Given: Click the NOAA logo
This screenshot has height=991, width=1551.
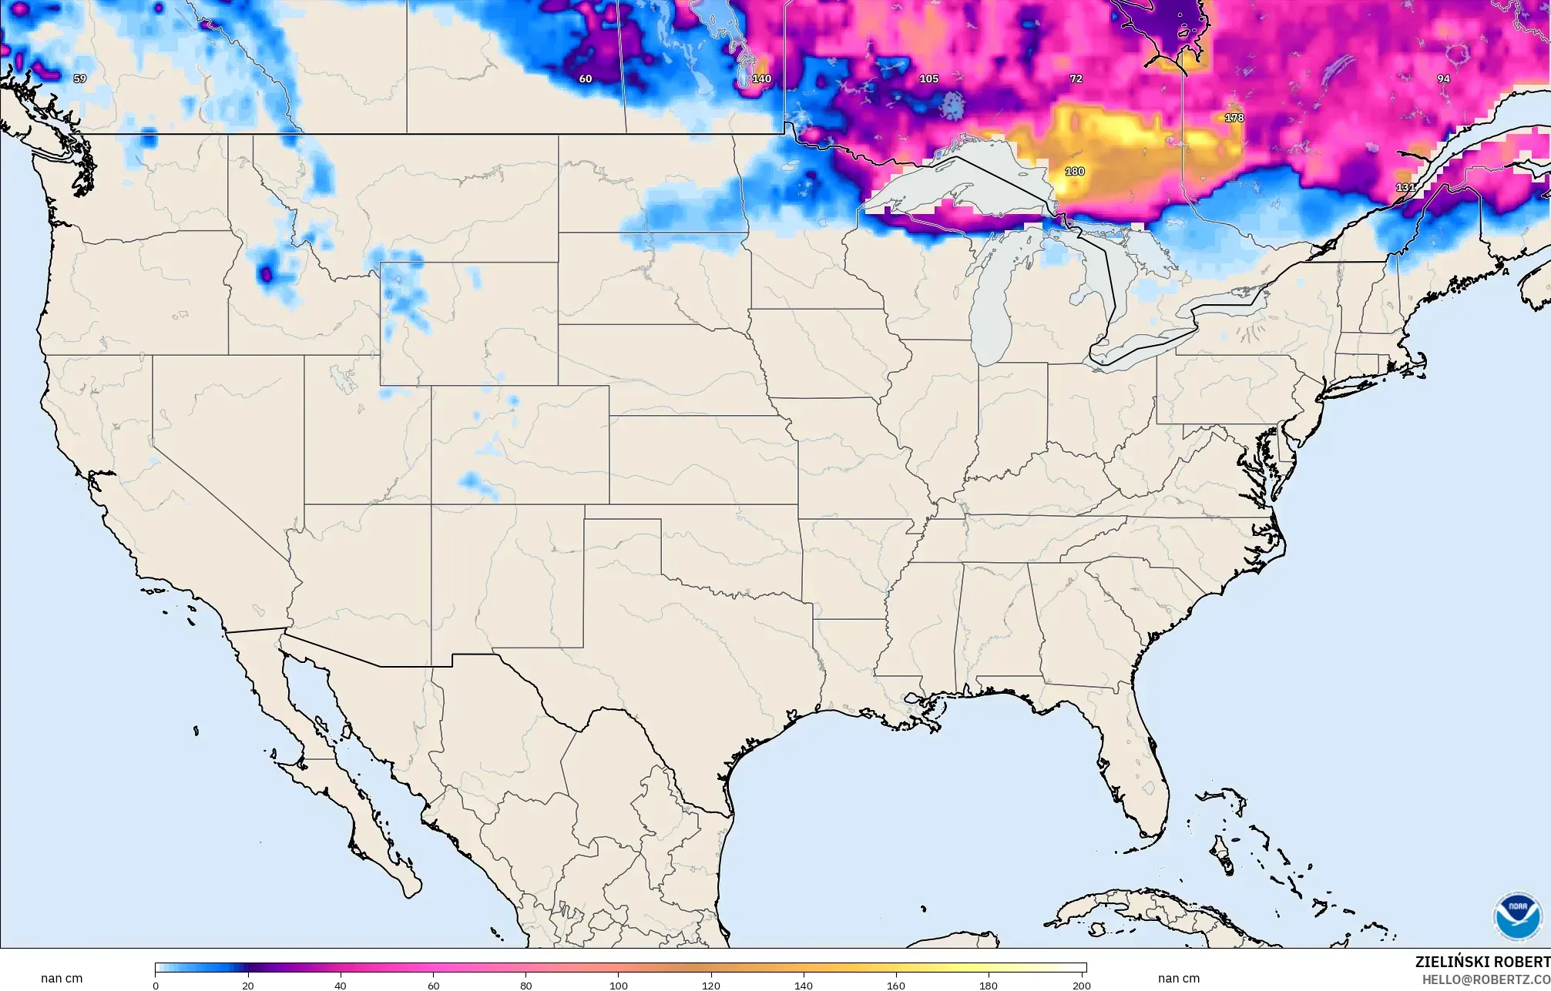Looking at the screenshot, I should (1517, 916).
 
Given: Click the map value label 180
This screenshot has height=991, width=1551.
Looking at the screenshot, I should (1074, 171).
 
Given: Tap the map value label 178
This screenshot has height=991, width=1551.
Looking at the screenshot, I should (1234, 118).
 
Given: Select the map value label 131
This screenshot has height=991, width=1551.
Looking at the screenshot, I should (1405, 187).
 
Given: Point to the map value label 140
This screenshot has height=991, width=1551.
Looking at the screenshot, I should (761, 79).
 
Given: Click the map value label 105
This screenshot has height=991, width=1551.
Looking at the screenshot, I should (928, 79).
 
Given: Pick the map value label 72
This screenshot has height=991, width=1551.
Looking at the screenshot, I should (1076, 79).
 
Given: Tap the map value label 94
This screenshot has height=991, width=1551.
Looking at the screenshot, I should (1443, 79).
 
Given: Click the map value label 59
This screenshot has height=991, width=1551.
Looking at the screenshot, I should (79, 79).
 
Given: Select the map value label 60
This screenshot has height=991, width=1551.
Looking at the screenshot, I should (586, 79).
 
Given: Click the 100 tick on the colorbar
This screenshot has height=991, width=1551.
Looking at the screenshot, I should (619, 985).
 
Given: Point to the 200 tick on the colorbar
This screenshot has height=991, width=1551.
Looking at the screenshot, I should (1082, 985).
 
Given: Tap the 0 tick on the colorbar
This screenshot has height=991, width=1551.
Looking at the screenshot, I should (156, 985).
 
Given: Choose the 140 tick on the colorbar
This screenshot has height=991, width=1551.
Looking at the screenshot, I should (804, 985).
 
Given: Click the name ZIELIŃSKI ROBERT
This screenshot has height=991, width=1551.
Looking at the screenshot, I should (1482, 963).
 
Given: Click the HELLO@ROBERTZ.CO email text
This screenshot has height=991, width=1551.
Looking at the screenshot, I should (1486, 979).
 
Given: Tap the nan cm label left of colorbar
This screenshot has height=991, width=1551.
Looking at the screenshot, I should (62, 979).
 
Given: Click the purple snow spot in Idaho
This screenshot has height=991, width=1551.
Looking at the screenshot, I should (266, 273).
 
